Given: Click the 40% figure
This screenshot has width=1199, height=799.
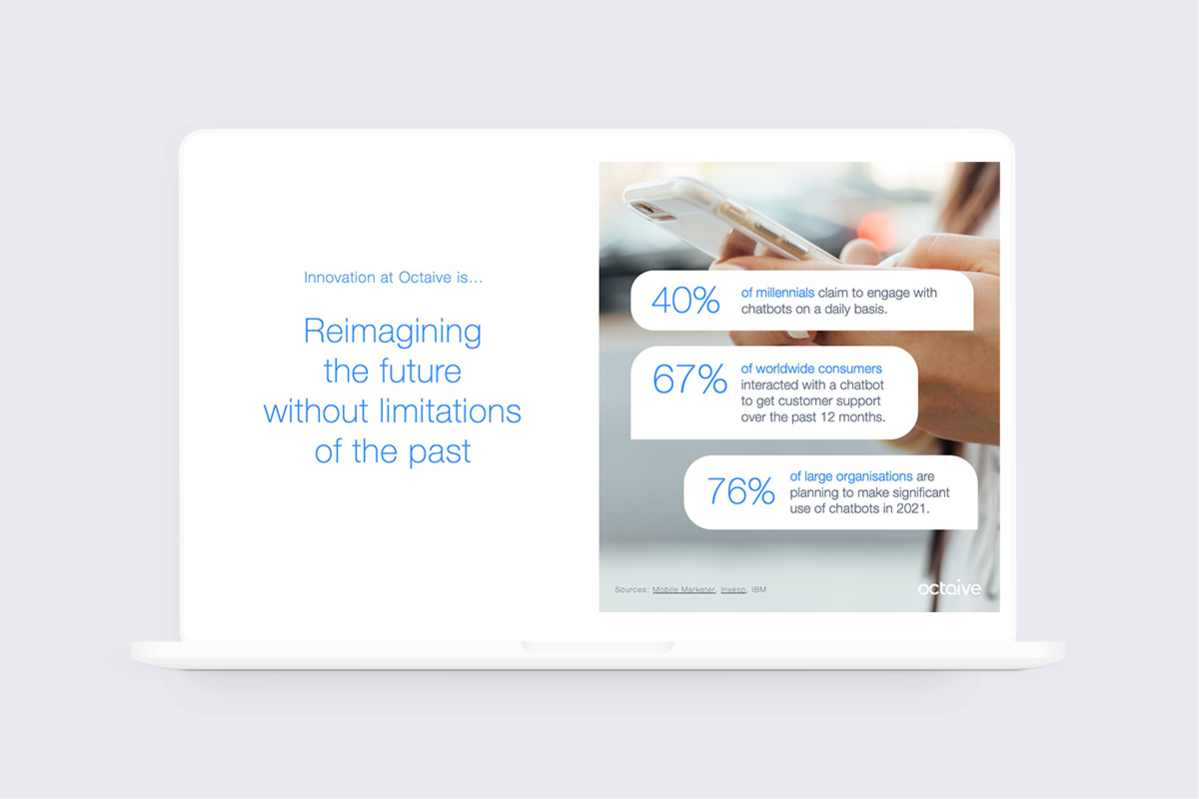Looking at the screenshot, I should [x=685, y=301].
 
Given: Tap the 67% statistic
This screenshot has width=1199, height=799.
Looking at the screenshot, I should [x=689, y=381].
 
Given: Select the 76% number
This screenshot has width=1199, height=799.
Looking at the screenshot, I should [x=740, y=491].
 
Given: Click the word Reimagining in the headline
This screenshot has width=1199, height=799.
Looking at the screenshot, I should [x=393, y=331].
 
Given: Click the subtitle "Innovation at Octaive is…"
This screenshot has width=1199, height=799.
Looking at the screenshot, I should [x=393, y=278].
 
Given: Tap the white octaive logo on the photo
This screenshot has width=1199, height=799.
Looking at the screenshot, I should [x=949, y=589].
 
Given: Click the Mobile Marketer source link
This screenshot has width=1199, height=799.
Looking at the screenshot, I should [x=683, y=590].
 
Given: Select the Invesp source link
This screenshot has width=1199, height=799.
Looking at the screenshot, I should [x=732, y=590].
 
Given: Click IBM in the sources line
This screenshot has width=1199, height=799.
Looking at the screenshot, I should [x=759, y=590].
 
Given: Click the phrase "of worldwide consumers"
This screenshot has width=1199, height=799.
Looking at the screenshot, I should [x=811, y=369].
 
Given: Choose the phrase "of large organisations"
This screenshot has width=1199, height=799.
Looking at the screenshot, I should [x=852, y=476].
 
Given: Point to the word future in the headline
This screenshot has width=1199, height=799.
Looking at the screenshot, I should [x=421, y=372].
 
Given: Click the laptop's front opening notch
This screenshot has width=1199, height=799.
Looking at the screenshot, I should [x=598, y=648].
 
